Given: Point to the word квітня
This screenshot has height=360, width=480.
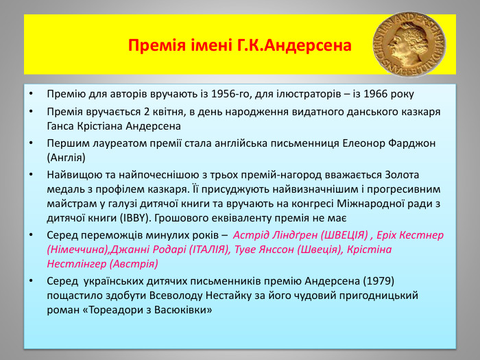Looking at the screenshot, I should coord(169,111).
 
